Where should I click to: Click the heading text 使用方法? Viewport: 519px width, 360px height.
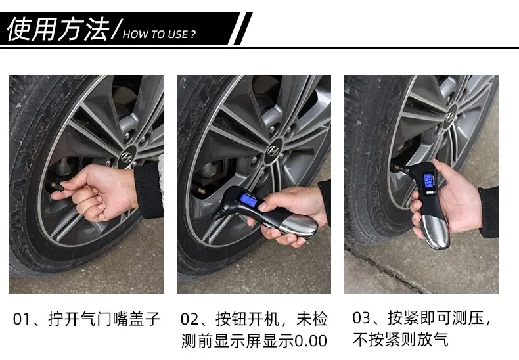coord(58,29)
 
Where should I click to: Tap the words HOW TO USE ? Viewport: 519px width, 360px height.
coord(159,34)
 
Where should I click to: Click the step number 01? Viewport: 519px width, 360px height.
coord(21,319)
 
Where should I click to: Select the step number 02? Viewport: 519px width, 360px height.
coord(189,319)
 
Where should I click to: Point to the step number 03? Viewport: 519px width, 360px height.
coord(361,318)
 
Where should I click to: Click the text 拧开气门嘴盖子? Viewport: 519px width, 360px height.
coord(104,319)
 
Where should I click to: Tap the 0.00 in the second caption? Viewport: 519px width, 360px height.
coord(311,341)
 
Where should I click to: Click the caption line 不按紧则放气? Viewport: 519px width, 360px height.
coord(401,340)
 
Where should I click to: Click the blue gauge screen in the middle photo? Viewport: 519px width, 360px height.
coord(248,200)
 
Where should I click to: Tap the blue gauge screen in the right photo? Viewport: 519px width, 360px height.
coord(428,181)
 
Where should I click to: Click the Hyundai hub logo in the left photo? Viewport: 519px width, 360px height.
coord(127,156)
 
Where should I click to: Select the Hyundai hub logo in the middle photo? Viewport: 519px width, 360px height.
coord(273,150)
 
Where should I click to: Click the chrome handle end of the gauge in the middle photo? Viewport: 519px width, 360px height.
coord(297,226)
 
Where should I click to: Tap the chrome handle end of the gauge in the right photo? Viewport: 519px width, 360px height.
coord(435,230)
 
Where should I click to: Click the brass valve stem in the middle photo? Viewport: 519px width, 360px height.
coord(202,191)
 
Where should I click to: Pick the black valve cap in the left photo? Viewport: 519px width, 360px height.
coord(57,186)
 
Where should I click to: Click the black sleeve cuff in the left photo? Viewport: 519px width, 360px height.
coord(148,191)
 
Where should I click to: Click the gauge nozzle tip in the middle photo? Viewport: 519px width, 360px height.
coord(217,215)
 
